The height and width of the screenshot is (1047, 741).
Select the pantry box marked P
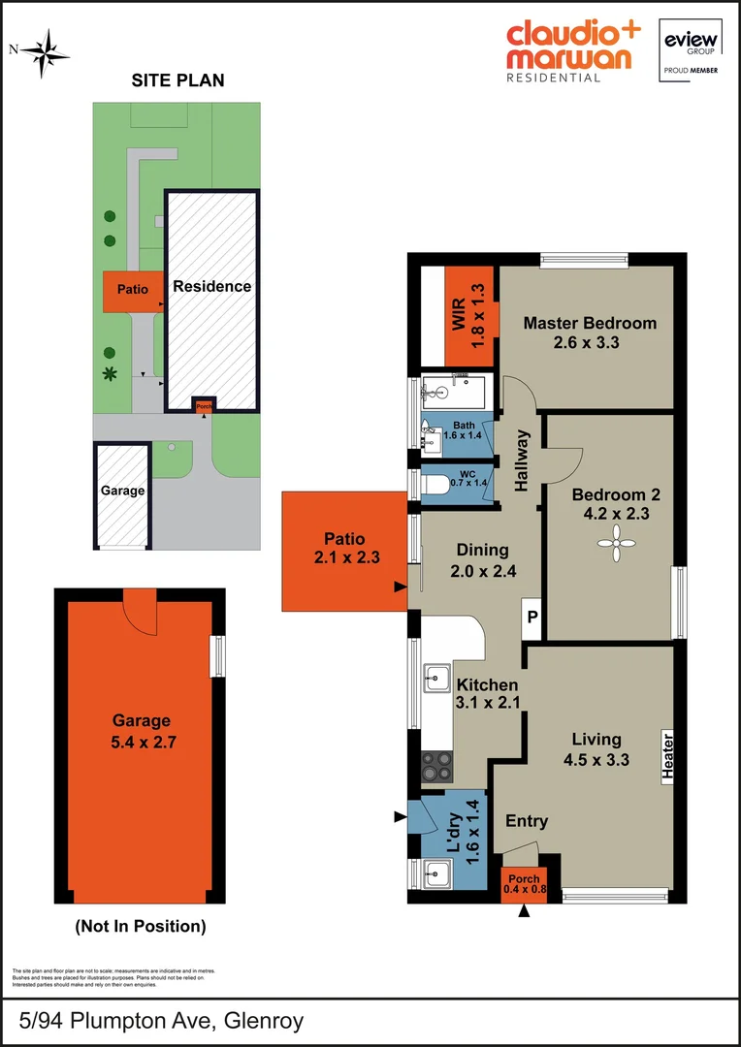(x=532, y=618)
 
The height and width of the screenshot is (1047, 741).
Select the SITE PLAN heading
(x=177, y=80)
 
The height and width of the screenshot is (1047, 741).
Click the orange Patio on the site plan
(x=132, y=290)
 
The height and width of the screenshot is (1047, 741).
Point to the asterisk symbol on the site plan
(x=111, y=373)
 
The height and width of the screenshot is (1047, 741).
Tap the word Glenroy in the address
(x=264, y=1021)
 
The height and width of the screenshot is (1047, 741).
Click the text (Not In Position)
(x=141, y=926)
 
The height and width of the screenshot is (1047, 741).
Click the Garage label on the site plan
(x=122, y=491)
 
